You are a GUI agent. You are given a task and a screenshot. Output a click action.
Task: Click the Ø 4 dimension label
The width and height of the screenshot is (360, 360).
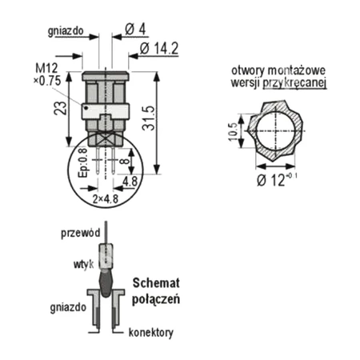[x=135, y=29]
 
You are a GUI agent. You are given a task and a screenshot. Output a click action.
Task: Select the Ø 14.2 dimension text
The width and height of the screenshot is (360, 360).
[x=159, y=48]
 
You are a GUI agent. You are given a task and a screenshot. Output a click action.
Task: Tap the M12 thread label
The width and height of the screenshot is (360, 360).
[x=46, y=68]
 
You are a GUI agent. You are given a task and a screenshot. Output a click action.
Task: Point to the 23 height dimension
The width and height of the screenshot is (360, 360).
[x=60, y=108]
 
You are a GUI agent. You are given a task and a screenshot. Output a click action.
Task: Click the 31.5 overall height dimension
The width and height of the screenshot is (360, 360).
[x=148, y=118]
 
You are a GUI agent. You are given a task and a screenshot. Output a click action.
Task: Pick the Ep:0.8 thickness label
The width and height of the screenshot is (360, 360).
[x=82, y=163]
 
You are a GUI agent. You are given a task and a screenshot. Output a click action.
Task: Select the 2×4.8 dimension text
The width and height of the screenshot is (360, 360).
[x=106, y=199]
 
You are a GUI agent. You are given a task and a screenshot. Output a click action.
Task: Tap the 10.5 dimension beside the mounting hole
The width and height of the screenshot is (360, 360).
[x=233, y=131]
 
